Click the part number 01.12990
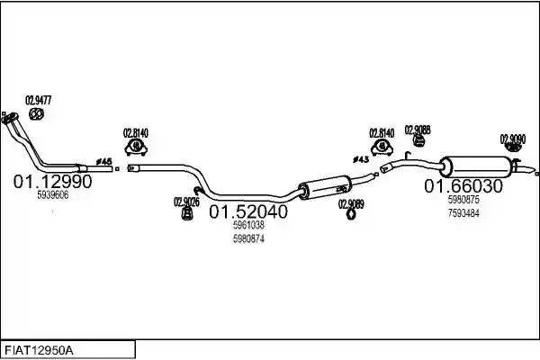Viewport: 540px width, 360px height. point(53,181)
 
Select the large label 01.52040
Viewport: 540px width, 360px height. point(248,211)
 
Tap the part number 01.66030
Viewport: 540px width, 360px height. point(463,186)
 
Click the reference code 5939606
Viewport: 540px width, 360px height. point(53,195)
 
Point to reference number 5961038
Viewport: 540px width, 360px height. point(248,225)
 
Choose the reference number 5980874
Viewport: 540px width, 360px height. point(248,238)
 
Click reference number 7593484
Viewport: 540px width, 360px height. point(463,213)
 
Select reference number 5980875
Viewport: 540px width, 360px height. point(463,200)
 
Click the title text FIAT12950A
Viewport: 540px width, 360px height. point(39,351)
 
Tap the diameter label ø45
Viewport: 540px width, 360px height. point(103,161)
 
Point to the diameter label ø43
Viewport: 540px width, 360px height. point(361,159)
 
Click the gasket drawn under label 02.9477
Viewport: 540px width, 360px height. point(36,113)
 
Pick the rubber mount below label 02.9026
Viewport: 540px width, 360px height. point(186,214)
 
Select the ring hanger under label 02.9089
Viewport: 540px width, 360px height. point(351,215)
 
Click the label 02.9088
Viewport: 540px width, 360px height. point(418,130)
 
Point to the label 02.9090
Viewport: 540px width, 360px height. point(513,139)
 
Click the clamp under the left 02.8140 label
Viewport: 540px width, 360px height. point(136,148)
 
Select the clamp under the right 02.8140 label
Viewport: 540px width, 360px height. point(382,147)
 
